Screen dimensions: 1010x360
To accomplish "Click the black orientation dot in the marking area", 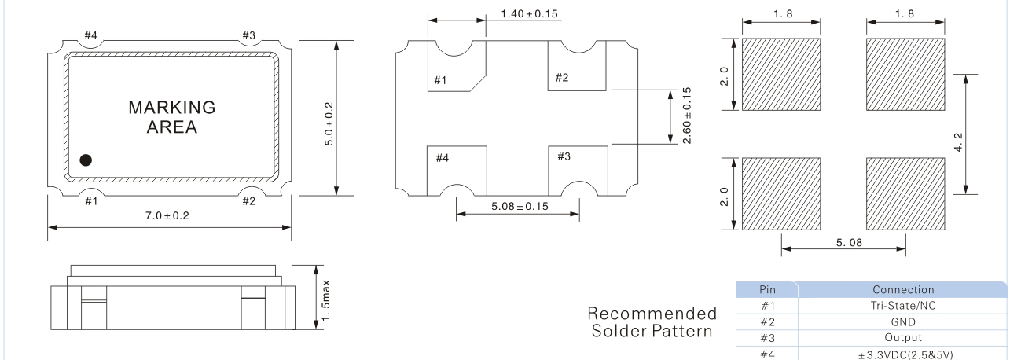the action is click(x=86, y=160).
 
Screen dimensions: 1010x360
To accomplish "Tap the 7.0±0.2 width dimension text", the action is click(x=167, y=215).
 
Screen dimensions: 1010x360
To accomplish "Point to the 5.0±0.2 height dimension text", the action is click(x=329, y=123).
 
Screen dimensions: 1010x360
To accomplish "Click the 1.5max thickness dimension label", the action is click(x=326, y=300).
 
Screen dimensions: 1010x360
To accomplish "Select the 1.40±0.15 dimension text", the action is click(x=529, y=14).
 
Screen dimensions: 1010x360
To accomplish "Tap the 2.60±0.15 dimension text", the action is click(x=687, y=116).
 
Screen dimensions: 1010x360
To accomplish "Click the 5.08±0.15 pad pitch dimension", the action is click(x=520, y=207).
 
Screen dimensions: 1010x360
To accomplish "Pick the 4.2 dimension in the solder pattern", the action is click(x=959, y=141).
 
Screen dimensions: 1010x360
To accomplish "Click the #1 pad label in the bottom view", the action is click(x=440, y=80).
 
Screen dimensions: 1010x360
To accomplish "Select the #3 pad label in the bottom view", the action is click(x=564, y=156).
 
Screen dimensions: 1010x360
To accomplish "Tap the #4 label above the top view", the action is click(x=90, y=35).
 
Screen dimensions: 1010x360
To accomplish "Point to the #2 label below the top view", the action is click(x=249, y=201).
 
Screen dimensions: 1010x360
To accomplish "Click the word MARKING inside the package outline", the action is click(x=172, y=108).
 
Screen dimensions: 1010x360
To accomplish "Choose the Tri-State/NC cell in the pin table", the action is click(x=903, y=306).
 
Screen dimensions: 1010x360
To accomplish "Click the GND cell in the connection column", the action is click(x=903, y=322).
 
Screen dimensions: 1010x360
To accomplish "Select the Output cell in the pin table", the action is click(x=903, y=338).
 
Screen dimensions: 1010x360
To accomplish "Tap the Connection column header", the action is click(x=903, y=289).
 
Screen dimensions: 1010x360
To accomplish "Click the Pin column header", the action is click(x=767, y=289).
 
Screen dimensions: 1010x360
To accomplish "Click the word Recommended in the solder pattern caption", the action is click(x=652, y=313).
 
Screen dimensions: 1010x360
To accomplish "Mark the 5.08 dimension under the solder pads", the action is click(x=849, y=243).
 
